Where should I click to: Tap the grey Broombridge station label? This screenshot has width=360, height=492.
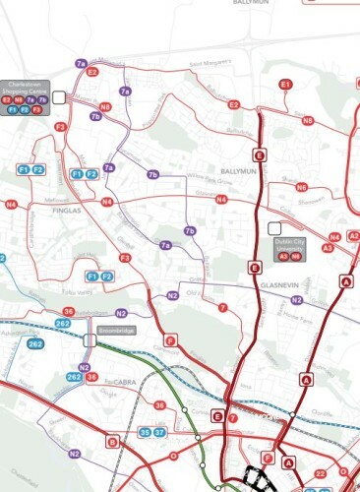click(120, 334)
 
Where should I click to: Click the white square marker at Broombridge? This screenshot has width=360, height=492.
click(90, 339)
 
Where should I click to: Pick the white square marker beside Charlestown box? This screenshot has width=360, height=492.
click(60, 96)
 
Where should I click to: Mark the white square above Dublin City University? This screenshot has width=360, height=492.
click(272, 229)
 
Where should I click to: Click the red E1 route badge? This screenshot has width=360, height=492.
click(286, 86)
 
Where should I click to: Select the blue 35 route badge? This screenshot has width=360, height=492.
click(146, 432)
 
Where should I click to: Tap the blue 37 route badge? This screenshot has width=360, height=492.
click(160, 432)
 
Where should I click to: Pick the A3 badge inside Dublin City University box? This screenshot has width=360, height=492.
click(283, 255)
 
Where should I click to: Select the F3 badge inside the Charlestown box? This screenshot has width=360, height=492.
click(36, 110)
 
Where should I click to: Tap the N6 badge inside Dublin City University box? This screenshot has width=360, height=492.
click(295, 255)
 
